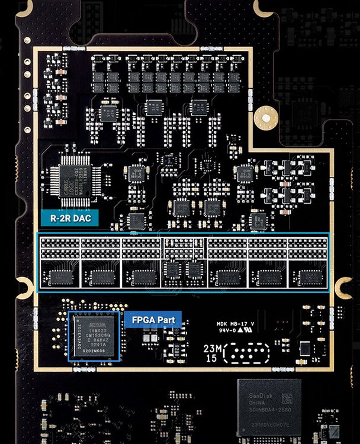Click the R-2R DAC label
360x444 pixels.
click(70, 218)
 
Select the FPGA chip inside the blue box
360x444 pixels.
click(94, 336)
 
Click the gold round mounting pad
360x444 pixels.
click(265, 119)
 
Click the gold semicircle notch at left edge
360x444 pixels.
click(24, 288)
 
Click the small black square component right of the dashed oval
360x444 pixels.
click(304, 348)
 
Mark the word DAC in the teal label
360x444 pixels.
click(86, 218)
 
